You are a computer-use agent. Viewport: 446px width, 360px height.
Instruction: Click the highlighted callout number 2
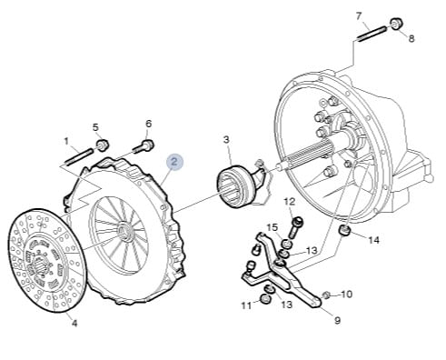click(x=174, y=162)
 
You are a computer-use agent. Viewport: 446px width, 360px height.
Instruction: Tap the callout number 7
click(x=359, y=16)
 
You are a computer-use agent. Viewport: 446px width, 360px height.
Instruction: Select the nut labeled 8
click(x=396, y=24)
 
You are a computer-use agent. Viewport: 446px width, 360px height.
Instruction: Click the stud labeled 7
click(x=372, y=34)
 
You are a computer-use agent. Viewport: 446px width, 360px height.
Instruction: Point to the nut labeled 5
click(x=103, y=145)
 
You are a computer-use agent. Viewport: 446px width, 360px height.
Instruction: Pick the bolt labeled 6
click(x=144, y=147)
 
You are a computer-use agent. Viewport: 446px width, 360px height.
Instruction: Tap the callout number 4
click(x=74, y=324)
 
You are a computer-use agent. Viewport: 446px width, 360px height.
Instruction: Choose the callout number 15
click(x=272, y=227)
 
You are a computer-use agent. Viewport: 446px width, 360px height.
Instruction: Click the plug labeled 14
click(x=344, y=230)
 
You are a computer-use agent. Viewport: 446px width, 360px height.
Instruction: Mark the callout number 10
click(x=347, y=294)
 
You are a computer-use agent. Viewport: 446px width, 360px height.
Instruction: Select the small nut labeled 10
click(x=325, y=295)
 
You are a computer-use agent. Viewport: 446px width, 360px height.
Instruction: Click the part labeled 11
click(x=265, y=299)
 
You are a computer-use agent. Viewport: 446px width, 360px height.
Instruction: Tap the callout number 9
click(x=337, y=320)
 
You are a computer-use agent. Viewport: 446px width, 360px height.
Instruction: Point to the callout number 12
click(x=290, y=202)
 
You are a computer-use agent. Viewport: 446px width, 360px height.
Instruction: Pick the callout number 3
click(x=226, y=140)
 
